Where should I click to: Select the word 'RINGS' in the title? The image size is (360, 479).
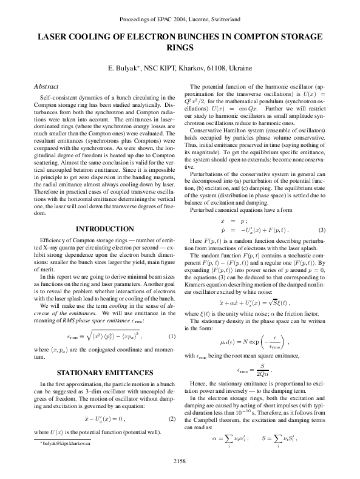pos(180,48)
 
